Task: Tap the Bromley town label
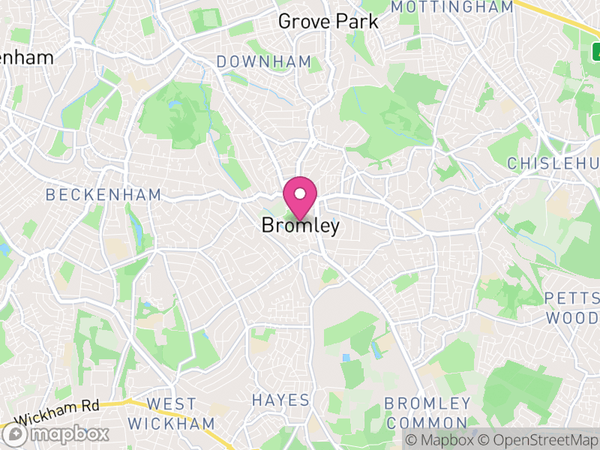[x=300, y=225]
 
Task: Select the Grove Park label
[x=328, y=22]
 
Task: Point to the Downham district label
[x=263, y=61]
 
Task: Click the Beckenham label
[x=103, y=195]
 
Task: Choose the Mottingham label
[x=452, y=7]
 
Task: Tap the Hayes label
[x=280, y=400]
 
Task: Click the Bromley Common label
[x=427, y=413]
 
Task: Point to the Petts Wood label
[x=571, y=307]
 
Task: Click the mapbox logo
[x=56, y=433]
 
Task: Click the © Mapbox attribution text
[x=439, y=440]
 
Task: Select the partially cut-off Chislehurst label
[x=553, y=163]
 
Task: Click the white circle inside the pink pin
[x=300, y=193]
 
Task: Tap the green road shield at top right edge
[x=595, y=51]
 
